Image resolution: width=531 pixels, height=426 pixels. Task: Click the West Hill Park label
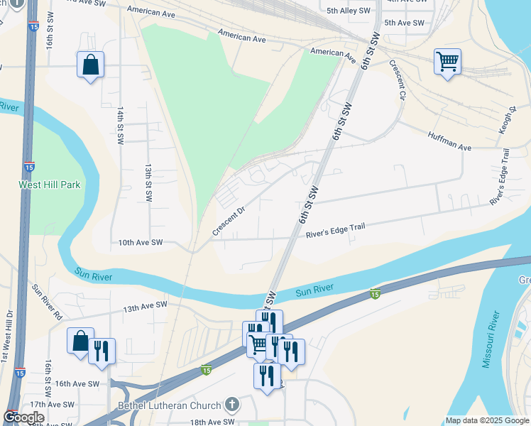[50, 185]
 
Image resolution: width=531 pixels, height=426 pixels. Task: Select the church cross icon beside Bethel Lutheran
[231, 405]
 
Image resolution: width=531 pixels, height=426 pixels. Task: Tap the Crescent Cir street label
[397, 80]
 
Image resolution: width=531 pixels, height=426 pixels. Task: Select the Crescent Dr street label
[228, 222]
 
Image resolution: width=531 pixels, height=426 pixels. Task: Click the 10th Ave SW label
[141, 243]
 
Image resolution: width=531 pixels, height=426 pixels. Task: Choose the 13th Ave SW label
[145, 306]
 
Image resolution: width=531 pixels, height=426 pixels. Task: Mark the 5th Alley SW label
[349, 11]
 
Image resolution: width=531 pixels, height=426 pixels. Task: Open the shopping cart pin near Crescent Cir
[447, 62]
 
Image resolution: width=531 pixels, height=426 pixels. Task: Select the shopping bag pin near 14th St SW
[90, 65]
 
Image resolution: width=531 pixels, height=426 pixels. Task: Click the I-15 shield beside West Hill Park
[29, 167]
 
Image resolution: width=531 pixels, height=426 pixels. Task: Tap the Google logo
[23, 417]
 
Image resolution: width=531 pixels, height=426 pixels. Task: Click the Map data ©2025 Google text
[487, 420]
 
